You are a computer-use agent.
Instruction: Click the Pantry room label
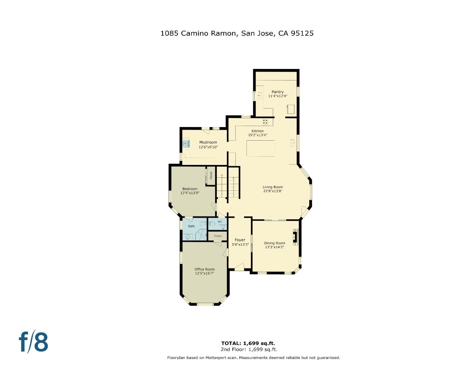(x=278, y=92)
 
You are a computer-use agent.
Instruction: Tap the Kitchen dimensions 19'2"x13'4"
(x=258, y=135)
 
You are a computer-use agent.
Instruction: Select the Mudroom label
(x=208, y=142)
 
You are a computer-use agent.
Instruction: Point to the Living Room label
(x=273, y=187)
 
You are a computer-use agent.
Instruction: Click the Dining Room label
(x=274, y=243)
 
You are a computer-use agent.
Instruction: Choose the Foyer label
(x=240, y=240)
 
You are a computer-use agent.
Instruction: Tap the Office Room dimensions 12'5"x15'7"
(x=205, y=273)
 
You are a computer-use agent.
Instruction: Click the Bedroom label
(x=190, y=189)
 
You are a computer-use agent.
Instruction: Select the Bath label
(x=191, y=226)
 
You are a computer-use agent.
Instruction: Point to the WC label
(x=220, y=222)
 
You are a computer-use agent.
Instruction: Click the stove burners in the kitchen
(x=265, y=122)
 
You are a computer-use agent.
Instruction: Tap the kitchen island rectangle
(x=260, y=148)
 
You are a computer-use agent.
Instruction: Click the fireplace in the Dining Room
(x=296, y=236)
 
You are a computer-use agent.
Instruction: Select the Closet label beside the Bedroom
(x=211, y=175)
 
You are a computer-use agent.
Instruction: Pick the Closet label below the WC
(x=218, y=236)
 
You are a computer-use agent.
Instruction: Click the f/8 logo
(x=33, y=342)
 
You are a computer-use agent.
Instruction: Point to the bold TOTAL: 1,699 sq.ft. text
(x=250, y=343)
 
